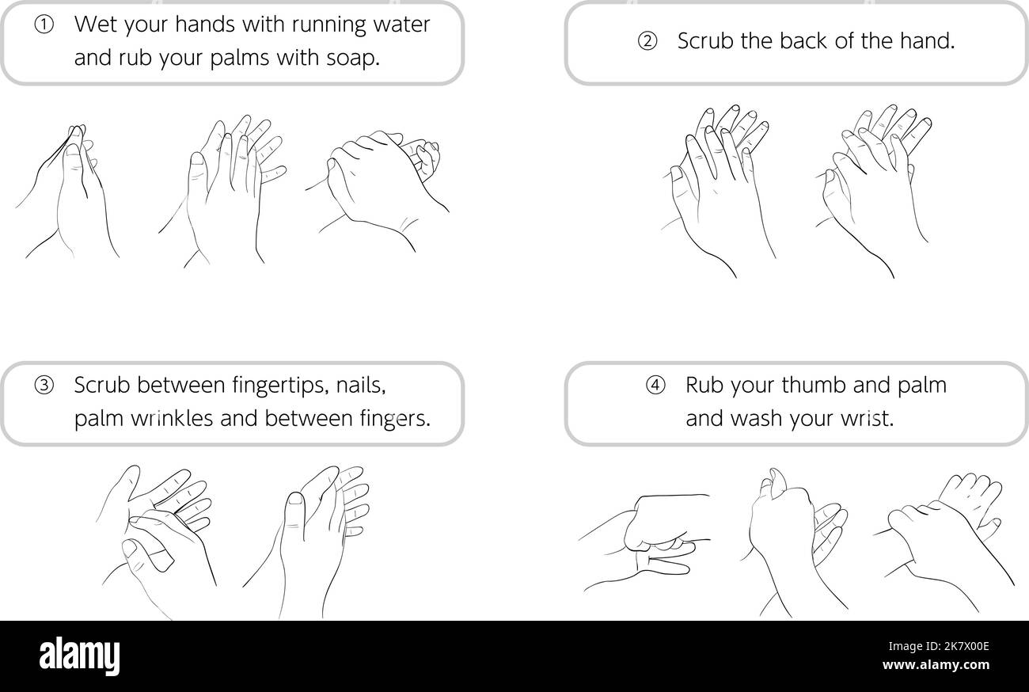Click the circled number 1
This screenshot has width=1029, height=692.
(44, 25)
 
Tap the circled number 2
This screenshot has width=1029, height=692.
(647, 42)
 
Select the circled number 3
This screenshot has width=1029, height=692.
(44, 386)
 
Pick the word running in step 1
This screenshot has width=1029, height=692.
(328, 25)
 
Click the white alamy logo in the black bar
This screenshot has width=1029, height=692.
(79, 656)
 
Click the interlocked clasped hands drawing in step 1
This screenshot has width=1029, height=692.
(380, 186)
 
